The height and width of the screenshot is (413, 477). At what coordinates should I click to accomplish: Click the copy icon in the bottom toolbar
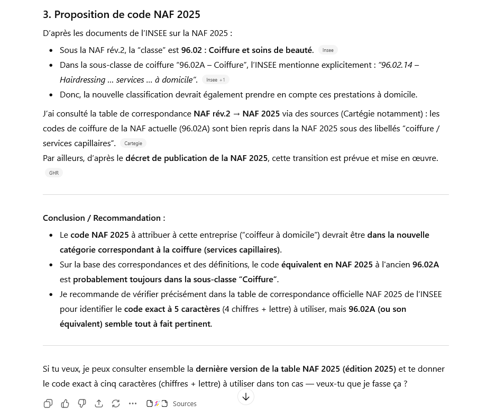click(x=48, y=403)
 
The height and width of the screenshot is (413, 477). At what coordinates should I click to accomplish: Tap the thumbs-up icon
click(x=65, y=403)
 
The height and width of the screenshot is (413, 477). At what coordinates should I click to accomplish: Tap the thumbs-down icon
click(x=82, y=403)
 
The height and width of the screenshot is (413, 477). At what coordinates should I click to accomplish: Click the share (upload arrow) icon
click(x=99, y=403)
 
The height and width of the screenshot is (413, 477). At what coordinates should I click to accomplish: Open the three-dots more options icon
click(x=133, y=403)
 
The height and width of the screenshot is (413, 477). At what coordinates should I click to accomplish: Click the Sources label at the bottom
click(x=185, y=403)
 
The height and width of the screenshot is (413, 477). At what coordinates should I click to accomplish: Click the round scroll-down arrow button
click(x=246, y=397)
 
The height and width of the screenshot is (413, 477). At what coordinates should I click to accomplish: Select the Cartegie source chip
click(x=133, y=143)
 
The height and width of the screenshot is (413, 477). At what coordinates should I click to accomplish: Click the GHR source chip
click(x=54, y=173)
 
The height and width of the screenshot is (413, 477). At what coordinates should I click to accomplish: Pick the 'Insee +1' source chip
click(x=215, y=80)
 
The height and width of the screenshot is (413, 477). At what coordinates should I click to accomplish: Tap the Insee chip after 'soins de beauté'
click(x=328, y=50)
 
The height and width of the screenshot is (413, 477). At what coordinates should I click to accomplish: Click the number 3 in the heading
click(x=47, y=14)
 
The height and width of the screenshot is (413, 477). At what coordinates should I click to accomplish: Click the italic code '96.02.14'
click(x=396, y=65)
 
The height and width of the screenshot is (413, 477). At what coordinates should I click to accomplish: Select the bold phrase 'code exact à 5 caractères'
click(x=172, y=309)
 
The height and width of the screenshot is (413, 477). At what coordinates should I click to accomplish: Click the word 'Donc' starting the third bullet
click(x=70, y=94)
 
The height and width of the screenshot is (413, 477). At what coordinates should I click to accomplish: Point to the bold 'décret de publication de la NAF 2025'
click(x=196, y=158)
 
